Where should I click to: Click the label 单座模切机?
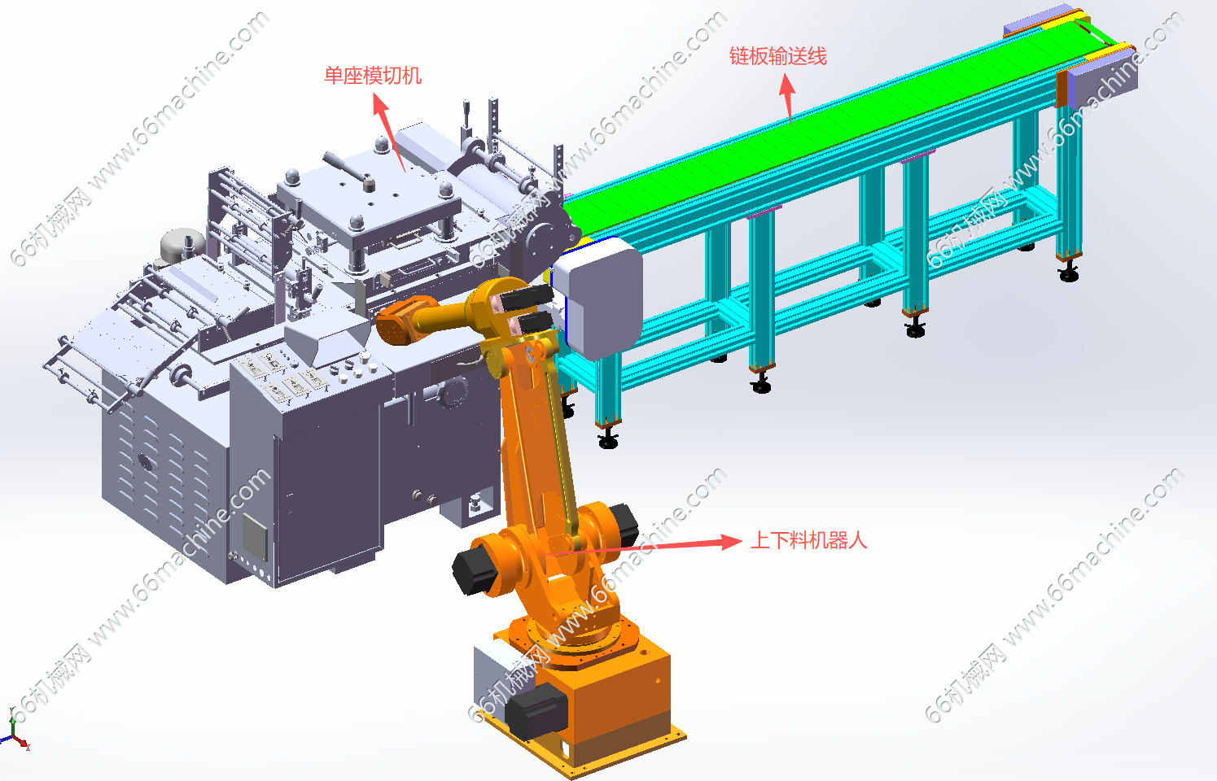point(373,76)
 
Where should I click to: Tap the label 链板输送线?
point(777,56)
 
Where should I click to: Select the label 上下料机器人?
point(808,540)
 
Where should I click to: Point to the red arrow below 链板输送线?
point(787,98)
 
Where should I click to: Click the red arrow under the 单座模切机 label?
point(389,133)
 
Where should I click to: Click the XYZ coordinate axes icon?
point(15,730)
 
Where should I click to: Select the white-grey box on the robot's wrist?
point(598,297)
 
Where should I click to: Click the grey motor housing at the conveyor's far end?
point(1101,81)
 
